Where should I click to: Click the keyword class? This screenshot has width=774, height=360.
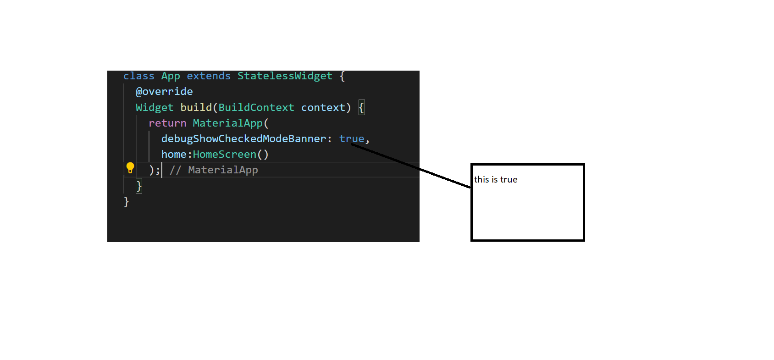[139, 76]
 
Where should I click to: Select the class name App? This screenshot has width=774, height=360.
[171, 77]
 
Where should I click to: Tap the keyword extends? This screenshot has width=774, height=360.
[209, 76]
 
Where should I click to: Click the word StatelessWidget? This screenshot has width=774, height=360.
[285, 77]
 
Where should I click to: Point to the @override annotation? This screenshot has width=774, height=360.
[164, 92]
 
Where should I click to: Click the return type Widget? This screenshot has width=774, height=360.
[155, 108]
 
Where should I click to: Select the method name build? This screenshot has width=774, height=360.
[196, 107]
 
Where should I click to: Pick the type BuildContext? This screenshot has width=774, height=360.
[256, 107]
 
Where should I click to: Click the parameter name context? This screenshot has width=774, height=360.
[323, 107]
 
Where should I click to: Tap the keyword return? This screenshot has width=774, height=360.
[167, 123]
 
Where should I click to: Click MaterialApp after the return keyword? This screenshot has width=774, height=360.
[228, 123]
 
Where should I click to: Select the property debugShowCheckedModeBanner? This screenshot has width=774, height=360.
[243, 139]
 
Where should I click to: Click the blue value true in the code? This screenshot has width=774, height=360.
[351, 139]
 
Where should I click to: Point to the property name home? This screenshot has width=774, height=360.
[174, 155]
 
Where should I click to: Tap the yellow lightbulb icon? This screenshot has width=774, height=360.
[130, 167]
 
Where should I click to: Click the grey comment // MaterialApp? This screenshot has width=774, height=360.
[214, 170]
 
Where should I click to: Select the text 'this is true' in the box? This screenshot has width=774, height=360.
[496, 179]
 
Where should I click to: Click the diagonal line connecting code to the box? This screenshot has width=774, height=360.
[411, 166]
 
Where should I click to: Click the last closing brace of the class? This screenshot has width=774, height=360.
[126, 202]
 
